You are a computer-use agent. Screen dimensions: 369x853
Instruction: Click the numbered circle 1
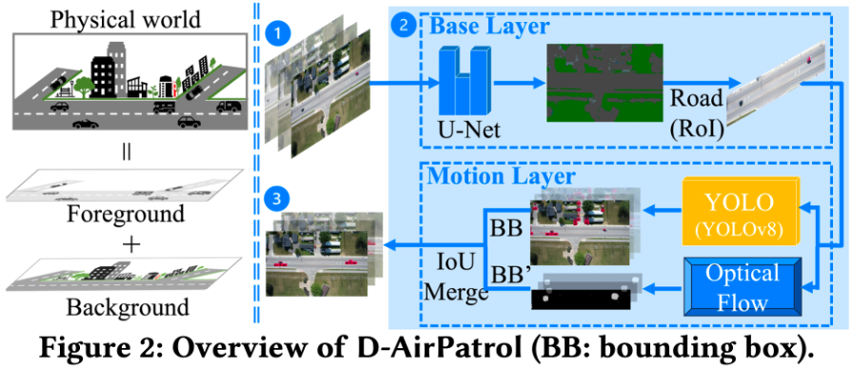click(x=276, y=33)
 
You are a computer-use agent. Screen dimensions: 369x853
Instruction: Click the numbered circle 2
click(x=405, y=28)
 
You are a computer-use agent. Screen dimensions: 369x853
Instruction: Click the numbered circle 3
click(x=276, y=199)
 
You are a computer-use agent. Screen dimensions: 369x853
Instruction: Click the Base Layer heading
click(x=473, y=26)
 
